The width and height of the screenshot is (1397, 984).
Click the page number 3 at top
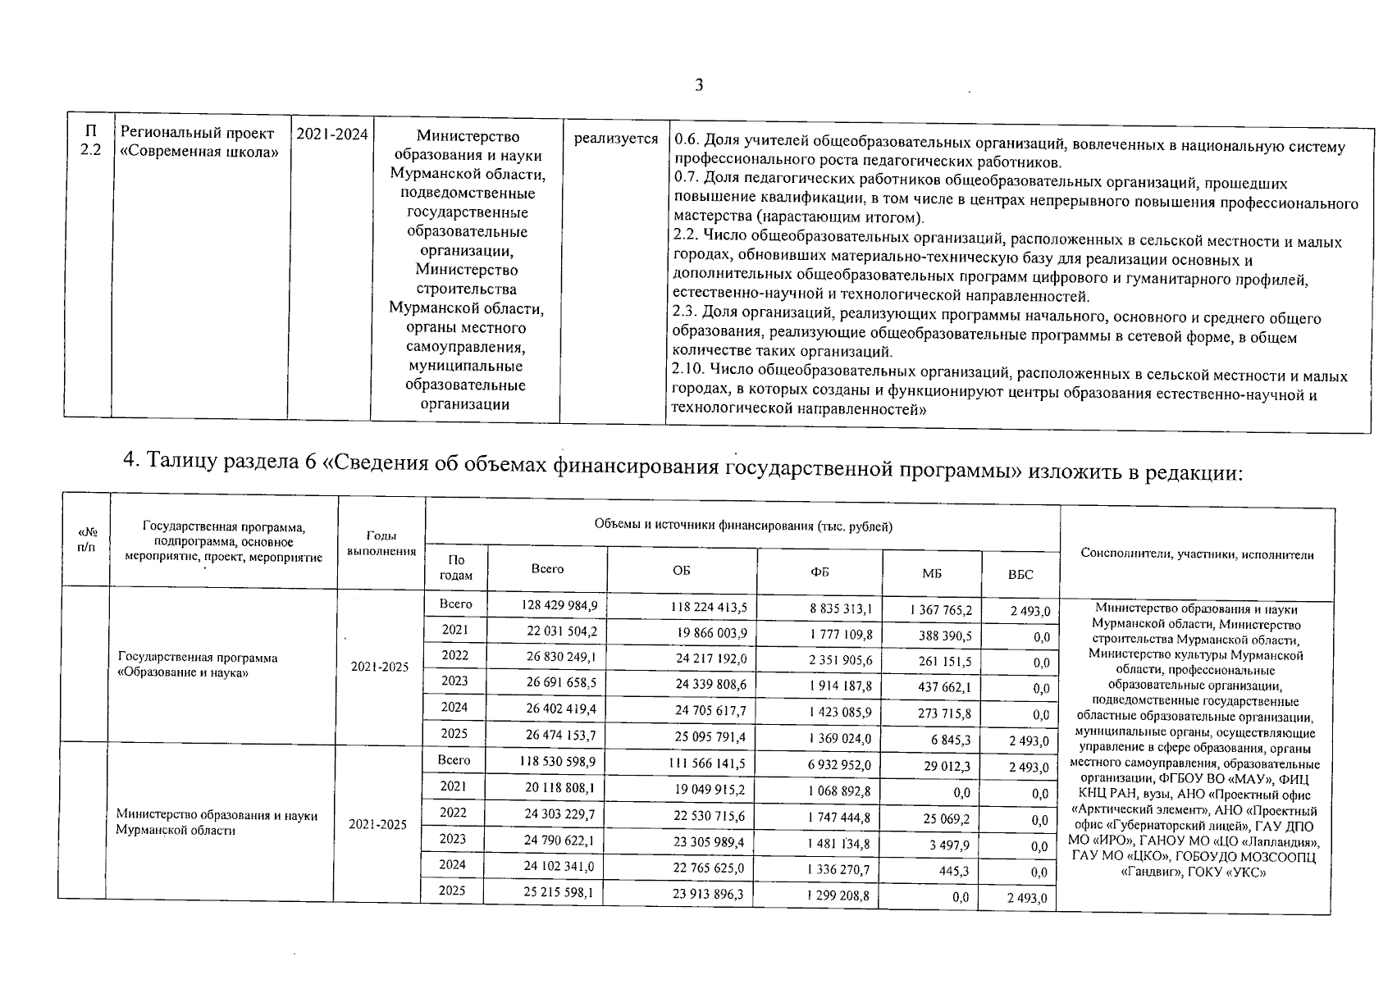[x=699, y=85]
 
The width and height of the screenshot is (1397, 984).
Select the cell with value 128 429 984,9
[x=559, y=606]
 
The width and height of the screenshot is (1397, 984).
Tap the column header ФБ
[x=819, y=572]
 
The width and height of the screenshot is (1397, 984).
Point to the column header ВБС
[x=1020, y=575]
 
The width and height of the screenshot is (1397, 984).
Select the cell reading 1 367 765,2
[x=940, y=610]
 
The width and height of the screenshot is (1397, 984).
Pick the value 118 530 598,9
[x=556, y=762]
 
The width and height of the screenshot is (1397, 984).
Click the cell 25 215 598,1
[x=557, y=892]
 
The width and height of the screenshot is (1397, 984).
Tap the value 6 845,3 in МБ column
[x=951, y=740]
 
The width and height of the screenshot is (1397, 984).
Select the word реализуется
[x=615, y=139]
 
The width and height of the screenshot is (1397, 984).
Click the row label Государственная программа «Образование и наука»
[x=198, y=665]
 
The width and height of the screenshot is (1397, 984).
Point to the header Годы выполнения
[x=381, y=543]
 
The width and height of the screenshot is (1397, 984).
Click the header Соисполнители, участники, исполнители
[x=1197, y=554]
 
